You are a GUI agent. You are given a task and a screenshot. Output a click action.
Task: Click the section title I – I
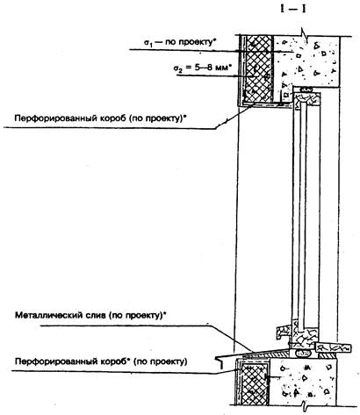[x=293, y=9]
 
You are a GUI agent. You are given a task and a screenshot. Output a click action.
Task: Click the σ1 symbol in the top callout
[x=148, y=43]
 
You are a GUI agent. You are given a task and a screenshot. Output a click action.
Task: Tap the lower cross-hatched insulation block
[x=254, y=383]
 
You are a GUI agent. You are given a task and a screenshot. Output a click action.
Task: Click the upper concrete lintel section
[x=306, y=61]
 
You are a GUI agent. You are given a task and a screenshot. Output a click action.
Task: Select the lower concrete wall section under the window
[x=303, y=381]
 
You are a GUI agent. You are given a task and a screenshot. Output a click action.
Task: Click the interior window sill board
[x=333, y=347]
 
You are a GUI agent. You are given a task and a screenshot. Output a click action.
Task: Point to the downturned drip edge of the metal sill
[x=220, y=361]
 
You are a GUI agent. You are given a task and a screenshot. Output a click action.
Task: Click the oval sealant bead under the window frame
[x=303, y=353]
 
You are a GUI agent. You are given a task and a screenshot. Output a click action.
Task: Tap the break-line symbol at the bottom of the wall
[x=304, y=406]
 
